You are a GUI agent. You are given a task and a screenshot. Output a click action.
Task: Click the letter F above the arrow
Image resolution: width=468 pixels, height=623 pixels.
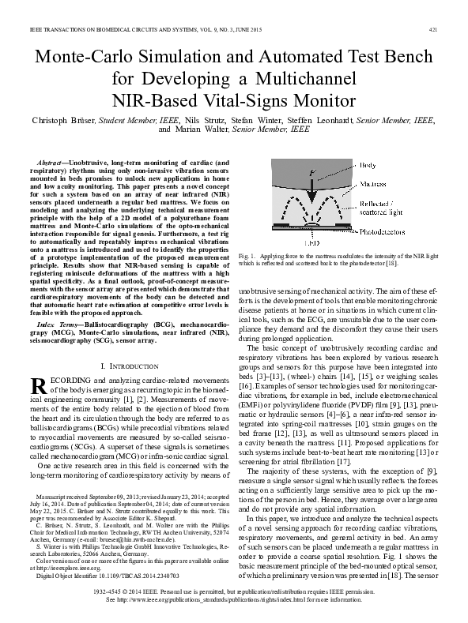(x=313, y=172)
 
